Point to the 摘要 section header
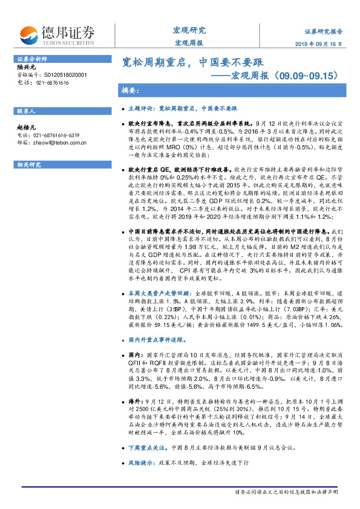(x=131, y=91)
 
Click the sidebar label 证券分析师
(x=31, y=59)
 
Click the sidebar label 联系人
(x=27, y=112)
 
